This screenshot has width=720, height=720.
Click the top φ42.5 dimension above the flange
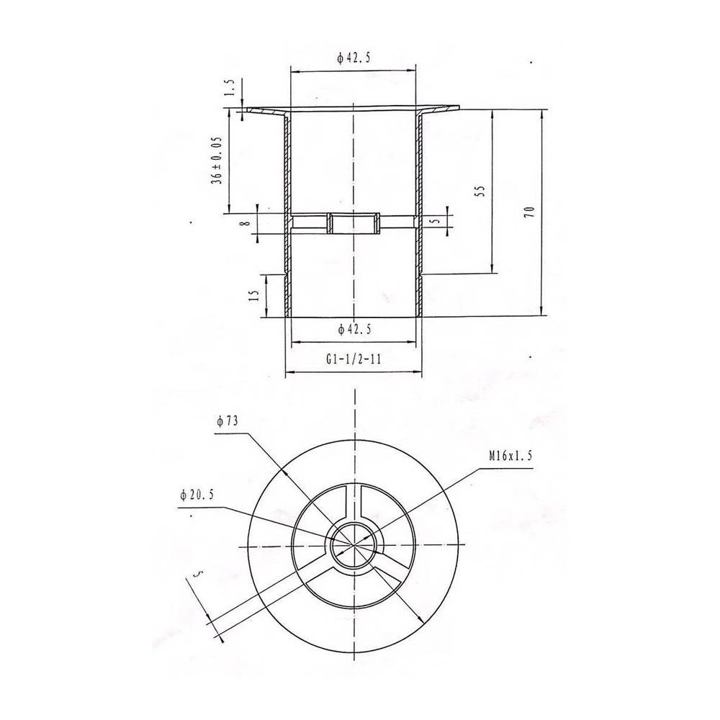[x=353, y=60]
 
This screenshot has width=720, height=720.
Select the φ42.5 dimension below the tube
[x=354, y=329]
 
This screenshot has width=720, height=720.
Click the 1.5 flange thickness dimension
[x=230, y=88]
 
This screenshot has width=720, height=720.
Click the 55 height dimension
[x=481, y=191]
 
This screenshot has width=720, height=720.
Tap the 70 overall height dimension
[x=529, y=212]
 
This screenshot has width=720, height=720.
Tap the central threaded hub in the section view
[x=354, y=223]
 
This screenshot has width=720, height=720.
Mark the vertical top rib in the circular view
[x=354, y=500]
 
